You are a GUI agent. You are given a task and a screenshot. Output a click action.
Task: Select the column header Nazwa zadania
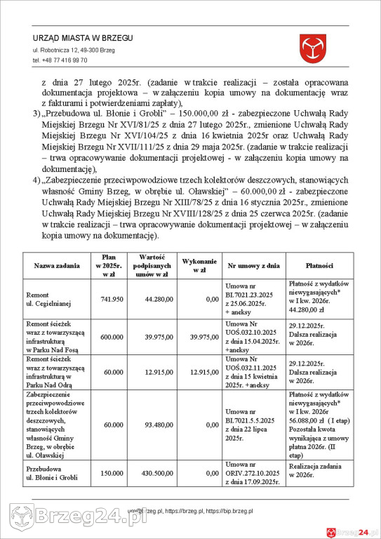tap(53, 267)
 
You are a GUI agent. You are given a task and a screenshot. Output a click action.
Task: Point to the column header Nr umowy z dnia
tap(253, 267)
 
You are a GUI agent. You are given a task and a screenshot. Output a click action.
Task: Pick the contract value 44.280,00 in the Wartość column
tap(158, 299)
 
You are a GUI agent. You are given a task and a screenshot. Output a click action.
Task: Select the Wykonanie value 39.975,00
tap(204, 337)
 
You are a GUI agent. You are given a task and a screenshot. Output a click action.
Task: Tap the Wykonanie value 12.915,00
tap(204, 371)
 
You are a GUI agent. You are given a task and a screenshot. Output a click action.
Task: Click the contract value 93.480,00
tap(158, 425)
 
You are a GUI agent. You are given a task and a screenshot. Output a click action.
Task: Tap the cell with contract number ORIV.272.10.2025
tap(253, 474)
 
